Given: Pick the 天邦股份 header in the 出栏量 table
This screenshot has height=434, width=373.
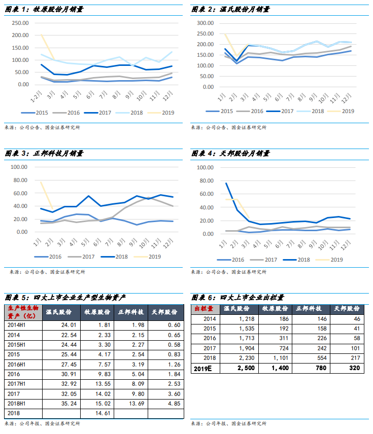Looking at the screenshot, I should point(348,308).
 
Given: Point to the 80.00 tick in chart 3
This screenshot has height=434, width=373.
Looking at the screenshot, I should point(22,180).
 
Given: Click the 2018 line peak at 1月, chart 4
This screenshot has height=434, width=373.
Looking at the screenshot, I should point(226,183).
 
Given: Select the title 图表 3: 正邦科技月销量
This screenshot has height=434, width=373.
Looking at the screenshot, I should point(44,153).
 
